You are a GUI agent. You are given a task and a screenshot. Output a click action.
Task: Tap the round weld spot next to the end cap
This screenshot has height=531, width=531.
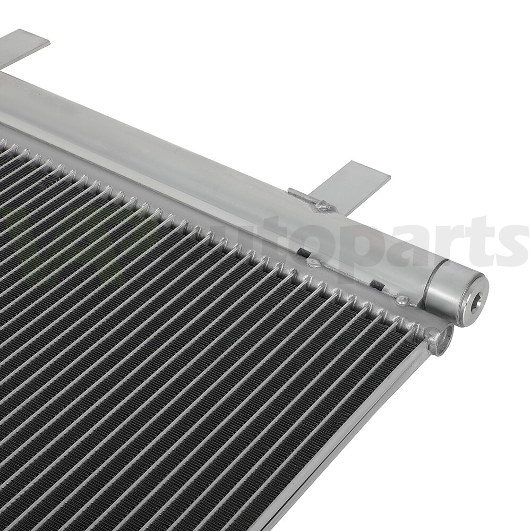coord(402,301)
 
